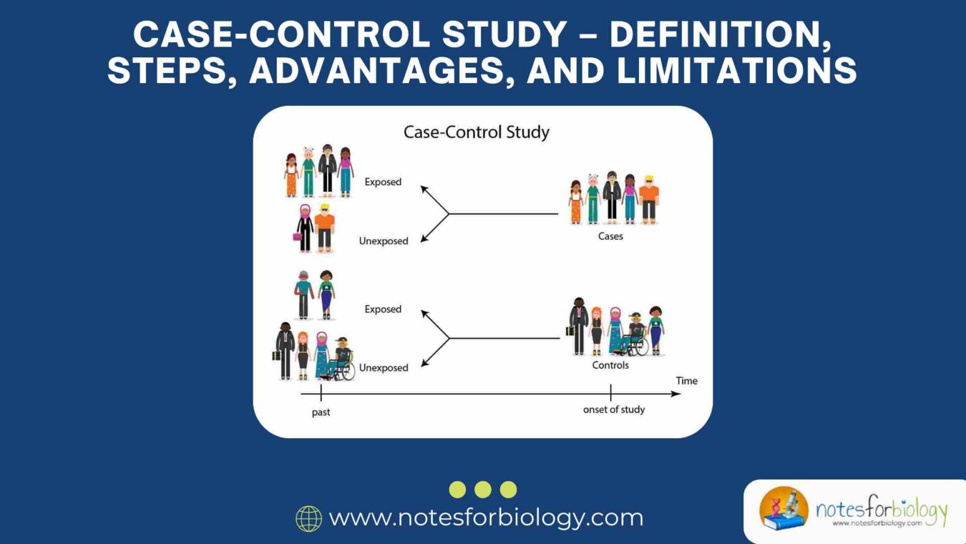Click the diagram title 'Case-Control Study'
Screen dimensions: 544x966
click(476, 132)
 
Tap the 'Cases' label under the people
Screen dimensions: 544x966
click(610, 236)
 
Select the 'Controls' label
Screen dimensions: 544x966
click(610, 365)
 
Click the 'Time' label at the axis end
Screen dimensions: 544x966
click(686, 381)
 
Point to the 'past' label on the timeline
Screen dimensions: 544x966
click(321, 412)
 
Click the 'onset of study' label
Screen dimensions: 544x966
click(614, 410)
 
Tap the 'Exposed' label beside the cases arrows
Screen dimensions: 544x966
click(383, 182)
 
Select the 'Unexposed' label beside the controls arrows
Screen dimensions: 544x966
click(384, 368)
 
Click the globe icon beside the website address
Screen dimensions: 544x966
click(309, 518)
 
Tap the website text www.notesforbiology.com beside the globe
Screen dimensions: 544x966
click(486, 518)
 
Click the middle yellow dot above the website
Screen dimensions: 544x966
click(483, 489)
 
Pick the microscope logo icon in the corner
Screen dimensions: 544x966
click(784, 508)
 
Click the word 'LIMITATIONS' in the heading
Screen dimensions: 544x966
click(736, 71)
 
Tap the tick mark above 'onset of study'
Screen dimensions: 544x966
click(610, 393)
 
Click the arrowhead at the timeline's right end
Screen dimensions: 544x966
click(676, 394)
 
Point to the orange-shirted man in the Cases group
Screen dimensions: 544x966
click(649, 199)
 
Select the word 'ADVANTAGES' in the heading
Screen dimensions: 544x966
click(377, 71)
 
